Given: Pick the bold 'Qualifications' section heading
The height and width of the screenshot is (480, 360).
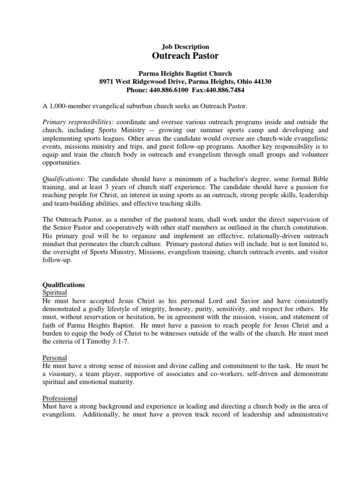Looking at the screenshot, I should click(64, 285).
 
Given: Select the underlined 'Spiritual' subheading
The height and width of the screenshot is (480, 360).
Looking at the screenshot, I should click(55, 292).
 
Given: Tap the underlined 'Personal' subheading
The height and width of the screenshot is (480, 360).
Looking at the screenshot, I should click(55, 358).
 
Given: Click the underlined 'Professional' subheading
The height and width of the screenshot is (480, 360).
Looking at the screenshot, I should click(60, 398).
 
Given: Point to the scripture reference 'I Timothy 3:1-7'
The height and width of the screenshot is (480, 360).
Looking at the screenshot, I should click(110, 341).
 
